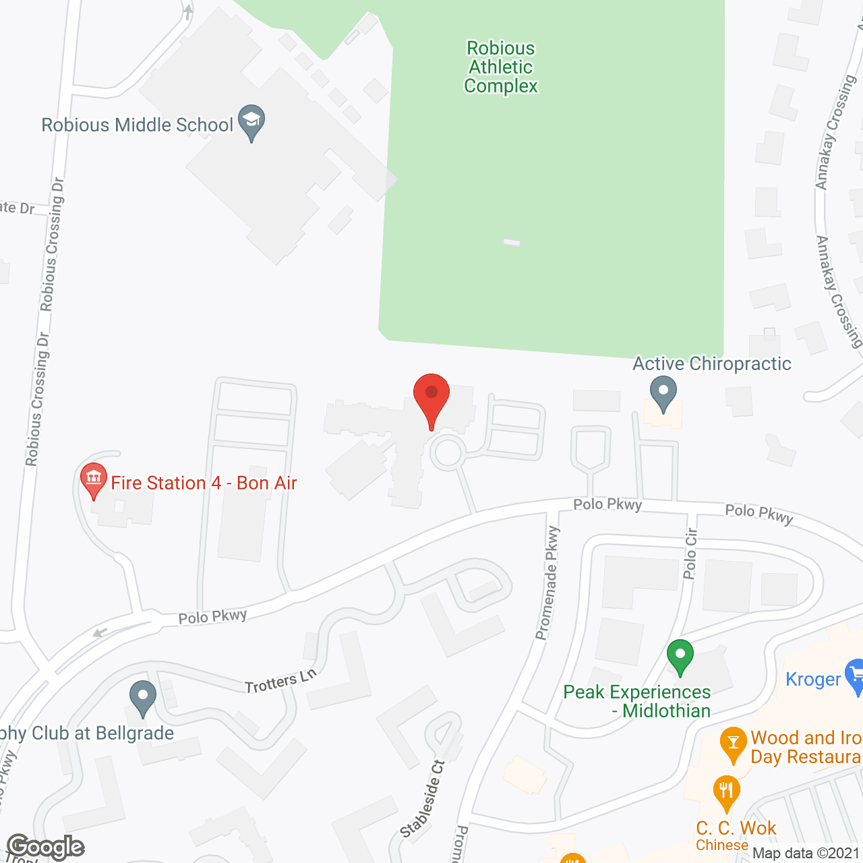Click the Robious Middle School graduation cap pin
pyautogui.click(x=251, y=122)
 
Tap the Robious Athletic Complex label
pyautogui.click(x=501, y=67)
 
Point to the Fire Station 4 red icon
pyautogui.click(x=94, y=479)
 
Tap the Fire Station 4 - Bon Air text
pyautogui.click(x=204, y=483)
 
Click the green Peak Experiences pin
pyautogui.click(x=680, y=656)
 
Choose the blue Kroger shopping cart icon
pyautogui.click(x=855, y=676)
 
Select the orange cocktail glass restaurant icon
pyautogui.click(x=733, y=744)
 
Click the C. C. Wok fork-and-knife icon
pyautogui.click(x=726, y=794)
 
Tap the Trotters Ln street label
pyautogui.click(x=280, y=682)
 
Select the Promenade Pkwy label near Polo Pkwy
pyautogui.click(x=547, y=583)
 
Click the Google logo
pyautogui.click(x=45, y=847)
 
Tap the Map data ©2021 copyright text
pyautogui.click(x=806, y=854)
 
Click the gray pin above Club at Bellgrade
pyautogui.click(x=142, y=698)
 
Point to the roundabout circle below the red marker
pyautogui.click(x=447, y=452)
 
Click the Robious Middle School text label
pyautogui.click(x=138, y=125)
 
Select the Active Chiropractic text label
pyautogui.click(x=711, y=364)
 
